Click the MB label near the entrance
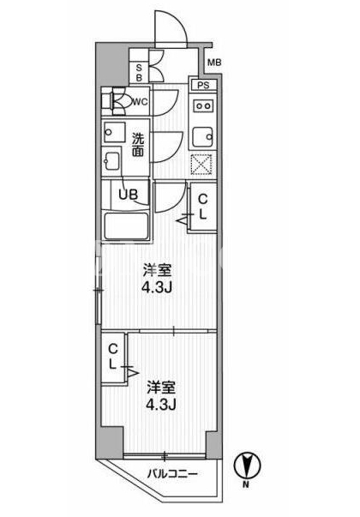click(214, 62)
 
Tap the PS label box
click(203, 85)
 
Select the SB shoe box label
click(139, 73)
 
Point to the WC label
click(140, 102)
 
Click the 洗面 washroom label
click(138, 144)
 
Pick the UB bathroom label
click(129, 195)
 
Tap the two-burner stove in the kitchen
click(203, 105)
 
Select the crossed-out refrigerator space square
click(201, 164)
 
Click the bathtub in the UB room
click(126, 226)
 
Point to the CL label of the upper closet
click(203, 207)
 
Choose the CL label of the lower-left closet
click(113, 356)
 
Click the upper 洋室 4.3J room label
click(157, 279)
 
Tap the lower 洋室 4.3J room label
click(161, 395)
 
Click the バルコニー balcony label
click(172, 474)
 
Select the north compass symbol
click(247, 466)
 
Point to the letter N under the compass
click(246, 484)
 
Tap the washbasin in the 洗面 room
click(114, 132)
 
